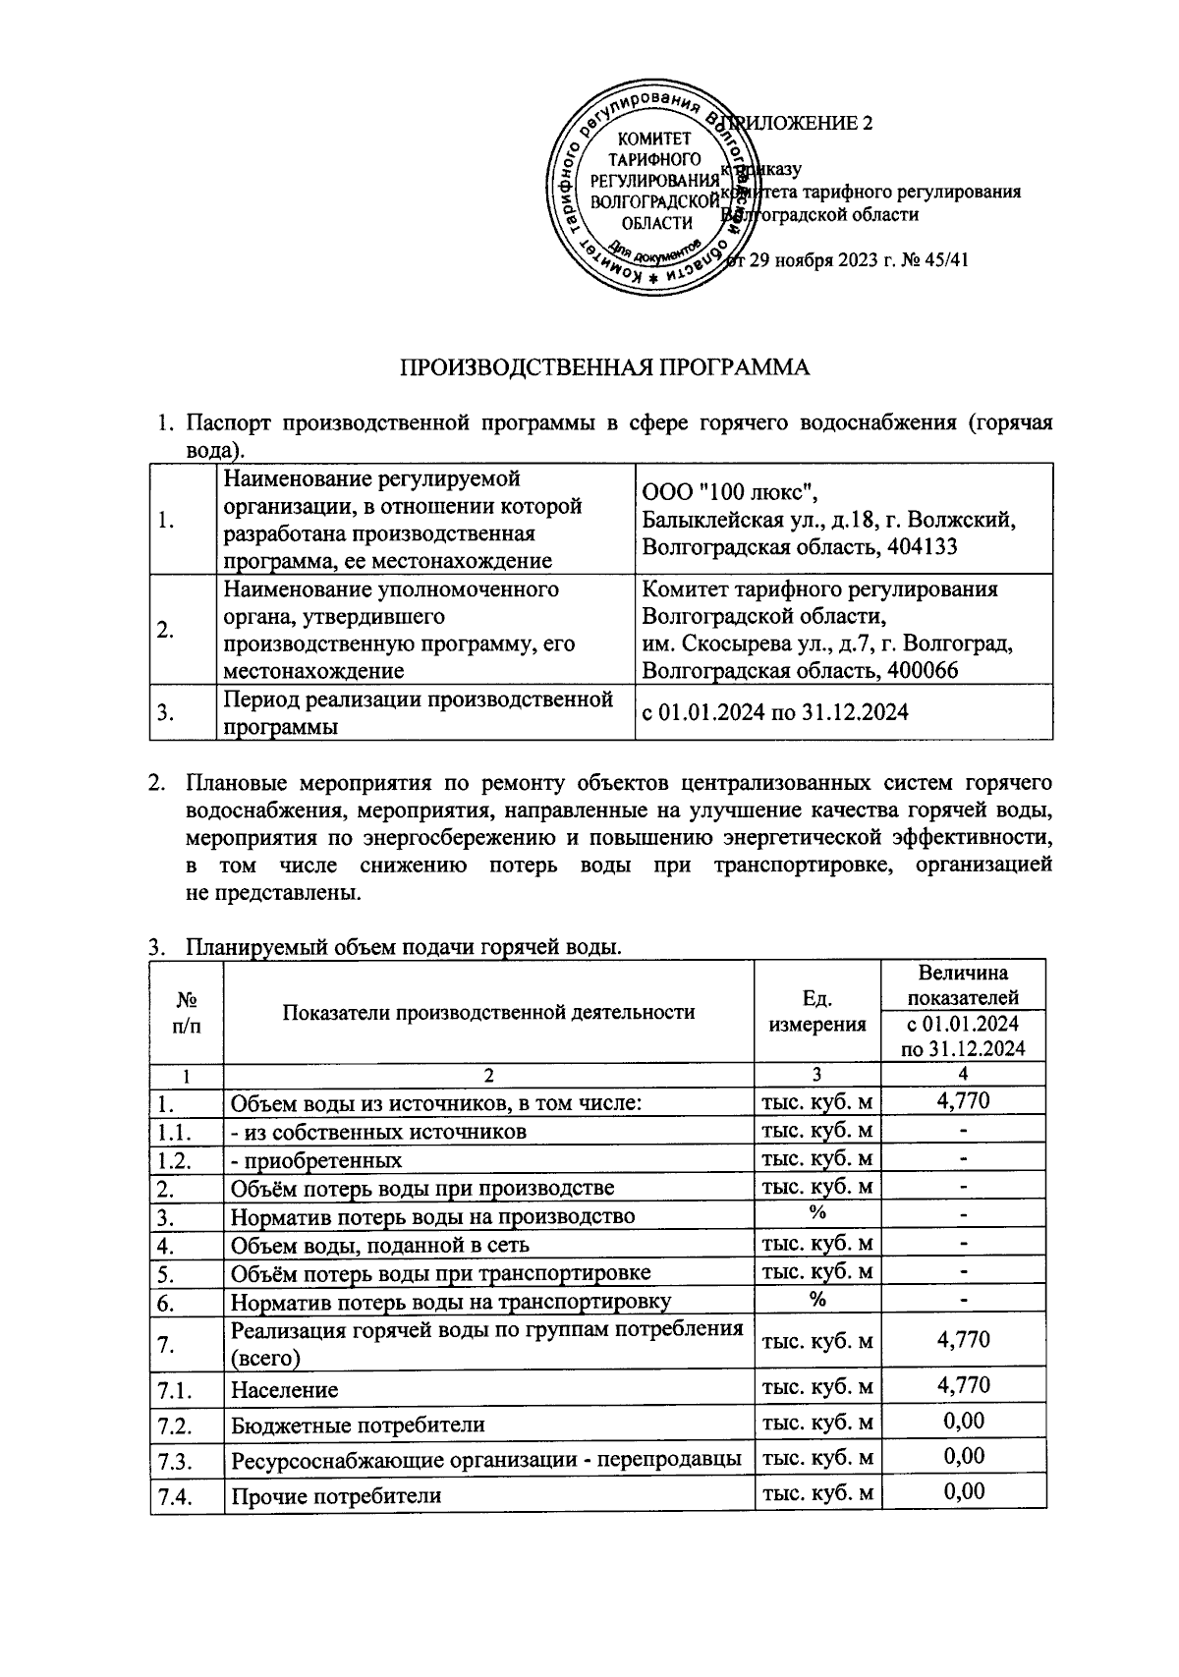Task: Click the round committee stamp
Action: click(x=648, y=195)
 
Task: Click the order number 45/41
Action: click(x=940, y=260)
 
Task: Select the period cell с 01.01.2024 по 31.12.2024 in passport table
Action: click(x=774, y=712)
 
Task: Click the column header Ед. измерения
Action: click(x=817, y=1011)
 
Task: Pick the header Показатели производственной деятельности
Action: click(x=488, y=1012)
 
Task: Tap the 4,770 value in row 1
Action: click(x=963, y=1100)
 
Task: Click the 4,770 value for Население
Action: click(x=963, y=1385)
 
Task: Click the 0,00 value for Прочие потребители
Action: click(x=963, y=1491)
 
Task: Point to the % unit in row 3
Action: click(x=817, y=1213)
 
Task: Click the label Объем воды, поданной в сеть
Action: click(x=380, y=1245)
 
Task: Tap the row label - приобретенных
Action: click(x=316, y=1160)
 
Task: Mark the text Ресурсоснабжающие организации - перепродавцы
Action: click(x=485, y=1460)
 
